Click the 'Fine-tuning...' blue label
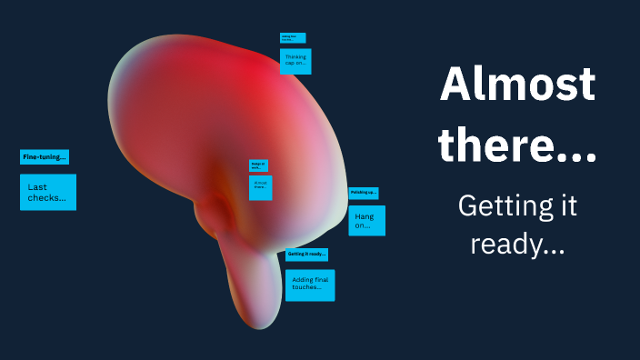[44, 157]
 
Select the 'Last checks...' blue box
[47, 192]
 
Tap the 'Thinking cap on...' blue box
[295, 61]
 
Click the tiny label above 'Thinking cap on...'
[293, 38]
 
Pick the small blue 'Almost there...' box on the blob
[261, 187]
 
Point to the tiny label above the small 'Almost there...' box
[258, 165]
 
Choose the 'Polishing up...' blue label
[363, 193]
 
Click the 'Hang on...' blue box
[366, 221]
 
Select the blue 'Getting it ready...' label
[306, 255]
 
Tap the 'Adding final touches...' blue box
[310, 285]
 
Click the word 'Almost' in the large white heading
[517, 86]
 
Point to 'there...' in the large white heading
[517, 145]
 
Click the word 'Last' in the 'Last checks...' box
[37, 186]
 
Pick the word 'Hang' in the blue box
[365, 216]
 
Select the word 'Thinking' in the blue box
[295, 56]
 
